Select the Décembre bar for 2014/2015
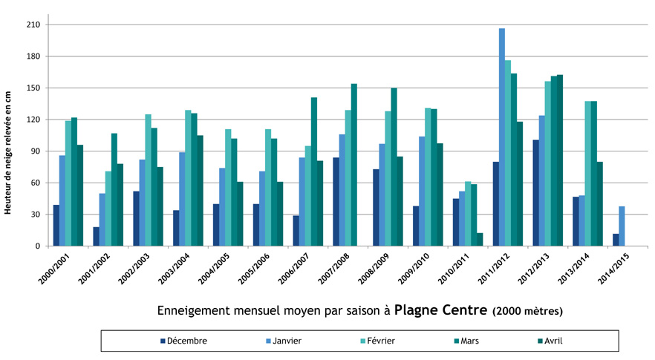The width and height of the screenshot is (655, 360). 616,240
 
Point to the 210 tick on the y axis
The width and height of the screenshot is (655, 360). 32,24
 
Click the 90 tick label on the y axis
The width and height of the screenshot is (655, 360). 34,151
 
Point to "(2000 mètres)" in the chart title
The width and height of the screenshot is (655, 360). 528,310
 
